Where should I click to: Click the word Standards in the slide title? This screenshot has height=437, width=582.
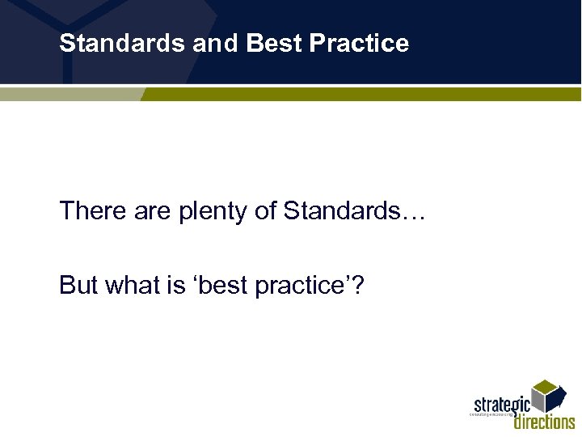122,43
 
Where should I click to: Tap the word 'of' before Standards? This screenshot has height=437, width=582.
266,211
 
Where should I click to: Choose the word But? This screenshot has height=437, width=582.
78,286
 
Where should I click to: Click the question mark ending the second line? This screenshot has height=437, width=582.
356,286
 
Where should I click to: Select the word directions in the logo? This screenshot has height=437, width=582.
544,422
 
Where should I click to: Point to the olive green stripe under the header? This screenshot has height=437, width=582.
364,95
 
